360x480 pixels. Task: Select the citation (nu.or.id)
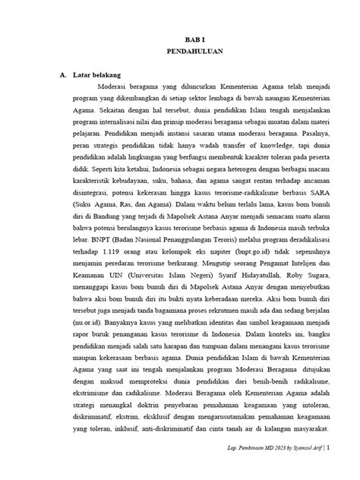[84, 308]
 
